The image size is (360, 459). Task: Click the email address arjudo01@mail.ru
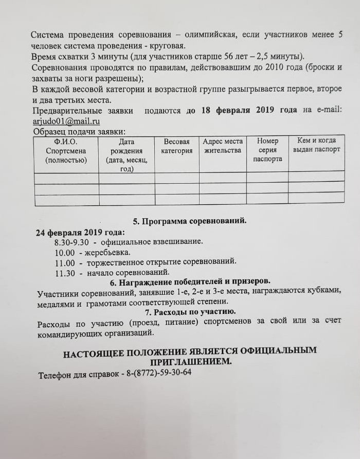(65, 122)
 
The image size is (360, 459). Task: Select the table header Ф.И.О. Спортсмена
(65, 151)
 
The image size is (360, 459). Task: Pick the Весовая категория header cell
(176, 146)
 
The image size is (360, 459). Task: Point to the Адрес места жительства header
(222, 146)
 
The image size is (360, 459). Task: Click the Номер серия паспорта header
(267, 150)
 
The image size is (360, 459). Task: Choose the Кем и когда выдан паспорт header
(316, 145)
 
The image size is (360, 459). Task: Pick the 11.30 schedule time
(65, 273)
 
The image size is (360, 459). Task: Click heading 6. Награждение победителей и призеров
(190, 282)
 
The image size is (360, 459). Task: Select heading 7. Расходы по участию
(190, 312)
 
